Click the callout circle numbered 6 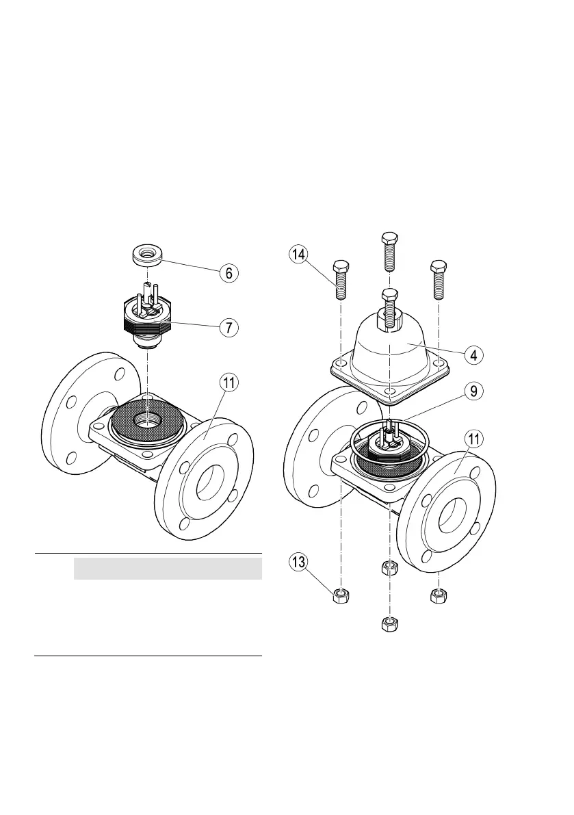tap(229, 272)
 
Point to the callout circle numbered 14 tap(296, 255)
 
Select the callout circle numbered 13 tap(296, 565)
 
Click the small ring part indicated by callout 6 tap(147, 257)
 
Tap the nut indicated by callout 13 tap(341, 596)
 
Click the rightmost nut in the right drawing tap(435, 596)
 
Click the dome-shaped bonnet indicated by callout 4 tap(389, 349)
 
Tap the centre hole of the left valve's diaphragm tap(147, 420)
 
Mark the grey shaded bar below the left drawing tap(168, 568)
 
